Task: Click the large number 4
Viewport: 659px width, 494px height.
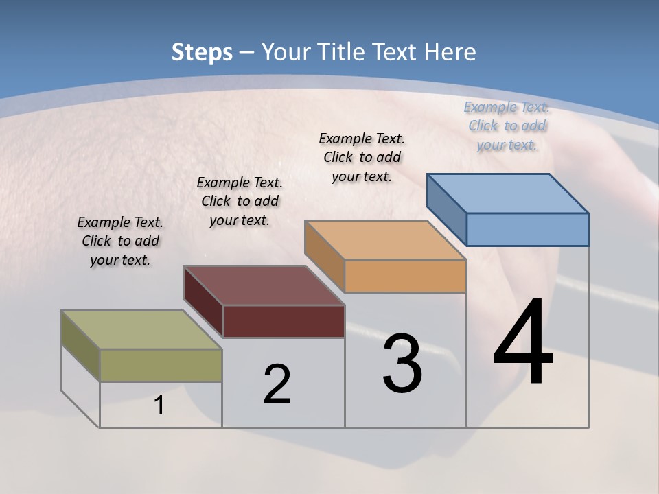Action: tap(524, 343)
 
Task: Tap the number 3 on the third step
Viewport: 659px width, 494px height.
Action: tap(402, 364)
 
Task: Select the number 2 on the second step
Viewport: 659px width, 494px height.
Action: tap(277, 384)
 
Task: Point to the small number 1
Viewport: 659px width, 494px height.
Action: tap(159, 405)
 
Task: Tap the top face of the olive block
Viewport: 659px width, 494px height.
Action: tap(141, 330)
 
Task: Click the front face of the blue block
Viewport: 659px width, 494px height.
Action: tap(527, 229)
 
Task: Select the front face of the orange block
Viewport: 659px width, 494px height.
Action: tap(405, 276)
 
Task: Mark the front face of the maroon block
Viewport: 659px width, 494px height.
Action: tap(284, 321)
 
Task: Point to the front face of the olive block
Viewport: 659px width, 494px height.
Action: tap(161, 365)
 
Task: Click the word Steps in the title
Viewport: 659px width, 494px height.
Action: tap(202, 52)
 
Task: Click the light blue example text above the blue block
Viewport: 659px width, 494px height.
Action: tap(507, 126)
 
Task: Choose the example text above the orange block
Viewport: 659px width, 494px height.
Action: tap(362, 157)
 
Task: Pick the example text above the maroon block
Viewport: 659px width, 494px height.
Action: tap(240, 201)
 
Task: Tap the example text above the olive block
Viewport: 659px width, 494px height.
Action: tap(120, 241)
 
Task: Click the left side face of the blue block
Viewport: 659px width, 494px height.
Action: tap(446, 206)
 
